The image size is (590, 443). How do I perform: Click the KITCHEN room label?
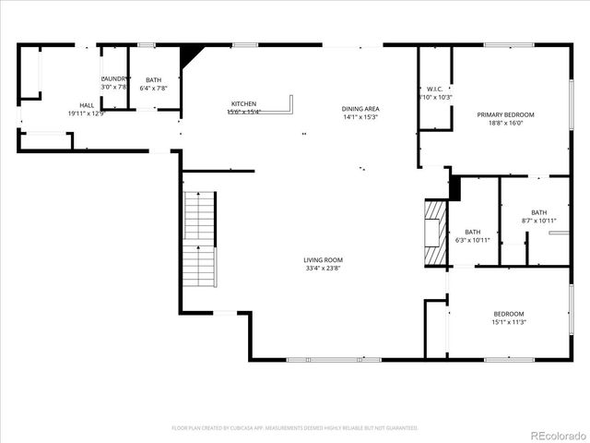(243, 103)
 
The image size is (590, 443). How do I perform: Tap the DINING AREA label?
(360, 109)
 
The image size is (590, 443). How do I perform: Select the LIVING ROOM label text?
(323, 259)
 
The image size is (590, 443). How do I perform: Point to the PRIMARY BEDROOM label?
(505, 114)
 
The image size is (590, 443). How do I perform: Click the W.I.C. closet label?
(436, 90)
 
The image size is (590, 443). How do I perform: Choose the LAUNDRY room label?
(115, 79)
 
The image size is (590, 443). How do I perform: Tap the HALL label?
(87, 105)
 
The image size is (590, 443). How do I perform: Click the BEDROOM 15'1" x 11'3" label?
(508, 314)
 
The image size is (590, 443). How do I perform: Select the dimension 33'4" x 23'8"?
(323, 268)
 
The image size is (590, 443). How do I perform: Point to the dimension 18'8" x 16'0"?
(505, 123)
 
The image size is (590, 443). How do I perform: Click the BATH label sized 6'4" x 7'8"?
(153, 80)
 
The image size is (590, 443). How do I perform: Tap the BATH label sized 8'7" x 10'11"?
(538, 212)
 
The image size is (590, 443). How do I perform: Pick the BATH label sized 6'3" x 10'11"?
(472, 232)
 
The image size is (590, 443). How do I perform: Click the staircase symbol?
(200, 239)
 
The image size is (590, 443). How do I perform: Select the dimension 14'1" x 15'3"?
(360, 117)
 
